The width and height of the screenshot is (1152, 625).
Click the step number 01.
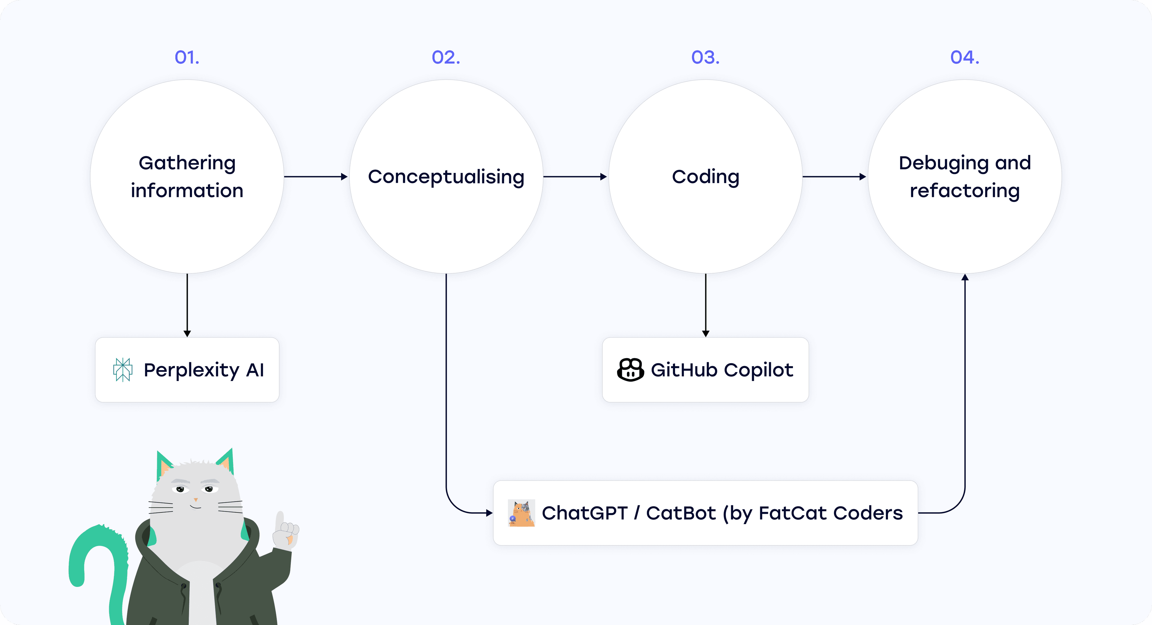(187, 57)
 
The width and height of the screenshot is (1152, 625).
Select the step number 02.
(446, 57)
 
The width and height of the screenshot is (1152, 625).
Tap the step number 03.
(705, 57)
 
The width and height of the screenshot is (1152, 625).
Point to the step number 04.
(964, 57)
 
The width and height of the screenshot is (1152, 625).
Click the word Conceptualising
(446, 177)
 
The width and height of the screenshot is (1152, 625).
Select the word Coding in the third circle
(705, 177)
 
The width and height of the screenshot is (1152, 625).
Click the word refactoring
(964, 191)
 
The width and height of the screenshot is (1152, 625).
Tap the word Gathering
(187, 163)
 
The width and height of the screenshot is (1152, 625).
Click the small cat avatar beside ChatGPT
(521, 513)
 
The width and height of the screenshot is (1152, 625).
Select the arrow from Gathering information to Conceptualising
(316, 177)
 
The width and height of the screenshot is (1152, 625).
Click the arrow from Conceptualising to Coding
(575, 177)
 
